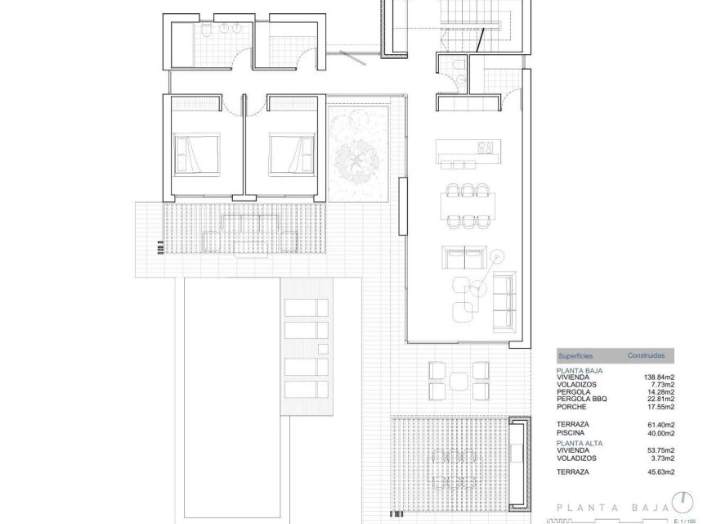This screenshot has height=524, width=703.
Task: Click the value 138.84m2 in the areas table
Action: pyautogui.click(x=659, y=377)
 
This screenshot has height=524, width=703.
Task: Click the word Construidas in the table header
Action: pyautogui.click(x=651, y=356)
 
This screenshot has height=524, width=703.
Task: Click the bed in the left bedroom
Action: pyautogui.click(x=196, y=151)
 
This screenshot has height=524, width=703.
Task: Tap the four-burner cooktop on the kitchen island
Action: pyautogui.click(x=486, y=148)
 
